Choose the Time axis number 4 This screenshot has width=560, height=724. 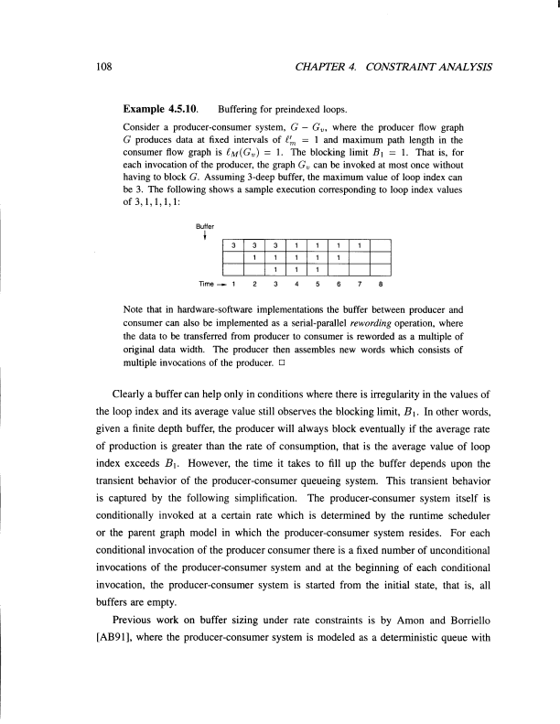click(296, 285)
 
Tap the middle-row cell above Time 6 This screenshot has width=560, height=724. click(338, 257)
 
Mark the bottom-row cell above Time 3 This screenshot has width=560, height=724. click(275, 270)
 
